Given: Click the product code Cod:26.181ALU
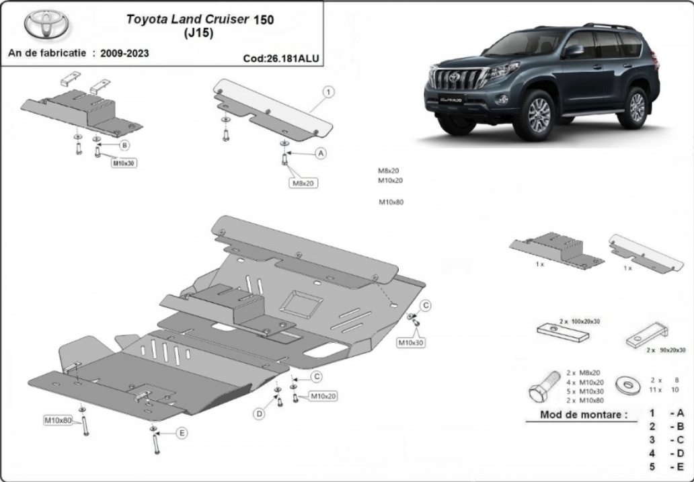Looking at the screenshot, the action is [281, 58].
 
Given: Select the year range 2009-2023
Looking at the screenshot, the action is [125, 54].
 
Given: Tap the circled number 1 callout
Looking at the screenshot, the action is [328, 92].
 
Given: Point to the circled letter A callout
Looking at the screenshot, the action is [321, 153].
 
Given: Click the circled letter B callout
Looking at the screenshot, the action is [124, 145].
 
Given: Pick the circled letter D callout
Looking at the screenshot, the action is [258, 414].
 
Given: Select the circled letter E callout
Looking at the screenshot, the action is [182, 433].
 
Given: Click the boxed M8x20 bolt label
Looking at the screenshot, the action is [304, 182].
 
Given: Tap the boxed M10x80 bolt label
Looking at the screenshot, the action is [58, 420].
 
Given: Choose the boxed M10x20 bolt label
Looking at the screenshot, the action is [322, 396].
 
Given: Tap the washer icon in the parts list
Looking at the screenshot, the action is [625, 383].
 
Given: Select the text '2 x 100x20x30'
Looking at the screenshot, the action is [580, 321].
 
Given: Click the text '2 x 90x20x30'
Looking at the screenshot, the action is [665, 350].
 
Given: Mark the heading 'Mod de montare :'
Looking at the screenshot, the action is [584, 415].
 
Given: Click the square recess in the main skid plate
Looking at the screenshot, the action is [302, 305].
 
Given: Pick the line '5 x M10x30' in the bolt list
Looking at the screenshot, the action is [584, 391].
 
